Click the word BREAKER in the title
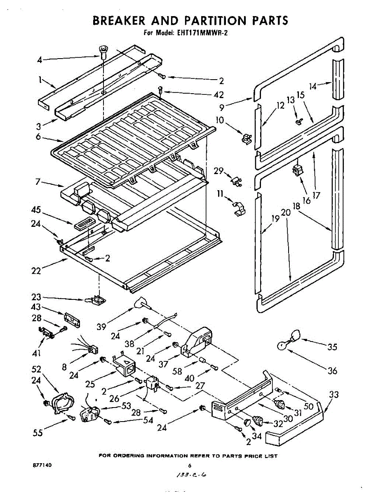tap(119, 21)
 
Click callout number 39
tap(101, 326)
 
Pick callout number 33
tap(334, 394)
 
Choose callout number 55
tap(38, 433)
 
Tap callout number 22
tap(36, 271)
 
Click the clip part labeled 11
tap(240, 208)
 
